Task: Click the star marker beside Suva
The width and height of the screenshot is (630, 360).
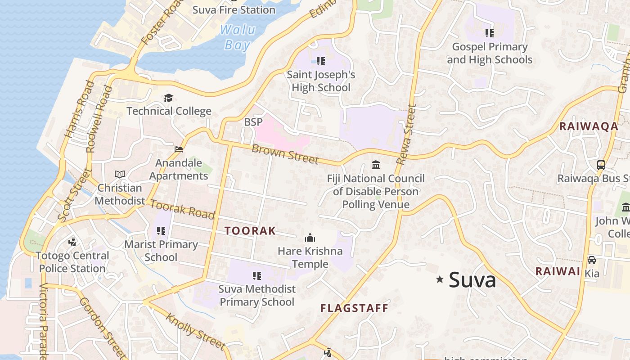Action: coord(440,279)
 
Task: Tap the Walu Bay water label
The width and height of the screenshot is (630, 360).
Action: coord(237,37)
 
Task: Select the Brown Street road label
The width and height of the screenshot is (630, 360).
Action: coord(285,154)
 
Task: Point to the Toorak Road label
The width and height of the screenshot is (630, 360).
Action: coord(182,209)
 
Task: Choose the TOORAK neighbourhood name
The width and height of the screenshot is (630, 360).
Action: coord(250,231)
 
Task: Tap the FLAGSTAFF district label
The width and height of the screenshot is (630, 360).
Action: coord(354,308)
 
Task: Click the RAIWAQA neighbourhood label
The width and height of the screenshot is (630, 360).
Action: coord(589,126)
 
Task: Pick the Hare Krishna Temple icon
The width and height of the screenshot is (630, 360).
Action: coord(310,238)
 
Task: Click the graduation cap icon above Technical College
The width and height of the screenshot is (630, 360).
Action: coord(168,98)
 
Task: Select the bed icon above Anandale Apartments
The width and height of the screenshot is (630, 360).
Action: coord(179,149)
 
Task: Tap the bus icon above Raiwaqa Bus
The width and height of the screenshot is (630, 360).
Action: coord(601,165)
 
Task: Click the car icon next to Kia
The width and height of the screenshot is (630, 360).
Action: coord(592,260)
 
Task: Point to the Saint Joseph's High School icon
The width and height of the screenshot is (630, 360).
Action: coord(320,61)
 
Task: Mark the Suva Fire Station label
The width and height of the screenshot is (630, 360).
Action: coord(234,9)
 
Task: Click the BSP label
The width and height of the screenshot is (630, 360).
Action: coord(253,122)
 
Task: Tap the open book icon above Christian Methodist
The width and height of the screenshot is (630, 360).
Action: coord(119,174)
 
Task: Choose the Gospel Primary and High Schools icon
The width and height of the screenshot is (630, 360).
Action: coord(490,33)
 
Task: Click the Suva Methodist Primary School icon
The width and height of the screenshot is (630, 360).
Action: coord(256,275)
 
